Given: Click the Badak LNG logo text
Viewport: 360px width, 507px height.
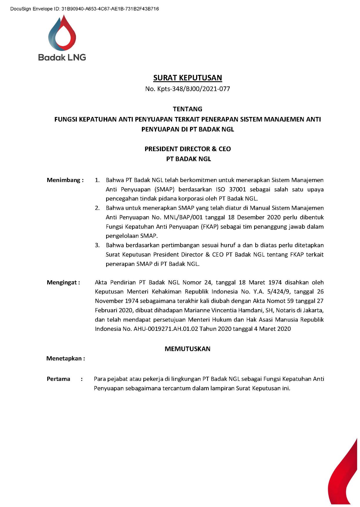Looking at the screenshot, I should [62, 57].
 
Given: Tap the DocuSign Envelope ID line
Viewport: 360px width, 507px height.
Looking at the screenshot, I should [84, 9].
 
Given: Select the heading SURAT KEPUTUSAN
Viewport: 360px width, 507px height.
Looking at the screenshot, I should [187, 78].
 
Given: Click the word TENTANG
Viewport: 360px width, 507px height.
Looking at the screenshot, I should [187, 109].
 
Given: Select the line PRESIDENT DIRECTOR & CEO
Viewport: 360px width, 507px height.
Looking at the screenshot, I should [188, 149].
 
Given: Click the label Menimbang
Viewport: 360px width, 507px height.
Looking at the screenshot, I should [64, 180].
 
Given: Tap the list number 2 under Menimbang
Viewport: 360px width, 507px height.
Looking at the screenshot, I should [97, 208].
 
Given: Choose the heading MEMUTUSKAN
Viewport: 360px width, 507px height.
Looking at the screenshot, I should [187, 349].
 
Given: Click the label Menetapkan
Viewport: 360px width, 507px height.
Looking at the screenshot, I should [64, 358].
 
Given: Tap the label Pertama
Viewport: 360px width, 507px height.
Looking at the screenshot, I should [58, 379].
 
